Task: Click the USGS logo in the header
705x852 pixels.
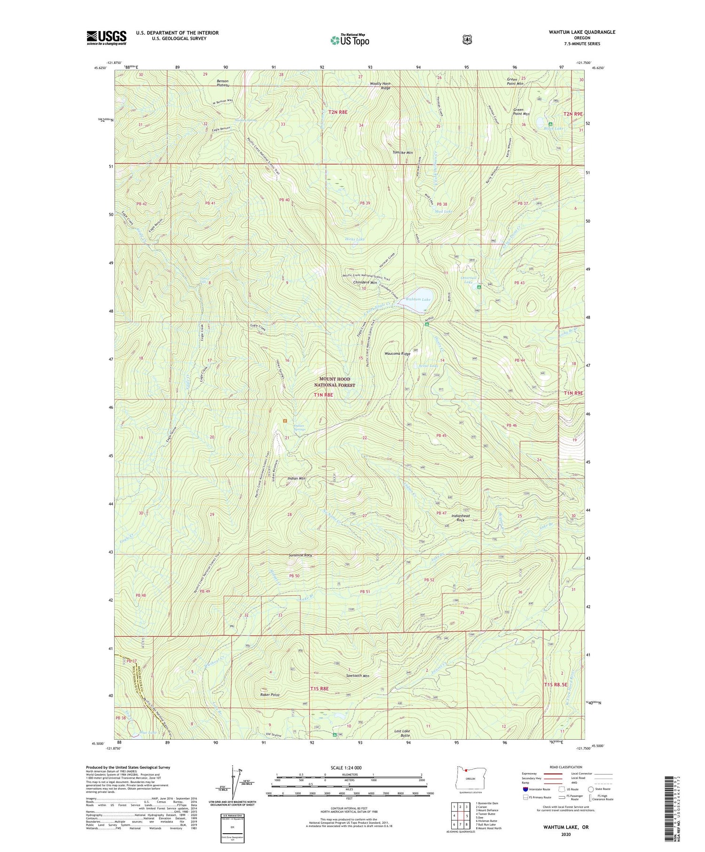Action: click(106, 38)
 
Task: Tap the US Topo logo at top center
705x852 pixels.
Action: click(350, 40)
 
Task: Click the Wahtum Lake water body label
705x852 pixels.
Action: click(418, 299)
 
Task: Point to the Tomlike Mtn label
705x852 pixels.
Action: click(402, 153)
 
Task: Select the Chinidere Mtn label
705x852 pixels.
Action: click(365, 282)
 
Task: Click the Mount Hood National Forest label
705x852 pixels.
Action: click(335, 382)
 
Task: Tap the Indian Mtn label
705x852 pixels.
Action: click(296, 478)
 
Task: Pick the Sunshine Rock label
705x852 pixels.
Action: click(300, 555)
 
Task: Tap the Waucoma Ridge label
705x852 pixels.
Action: click(397, 354)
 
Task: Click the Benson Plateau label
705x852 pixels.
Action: click(222, 83)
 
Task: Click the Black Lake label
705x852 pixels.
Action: click(553, 128)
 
